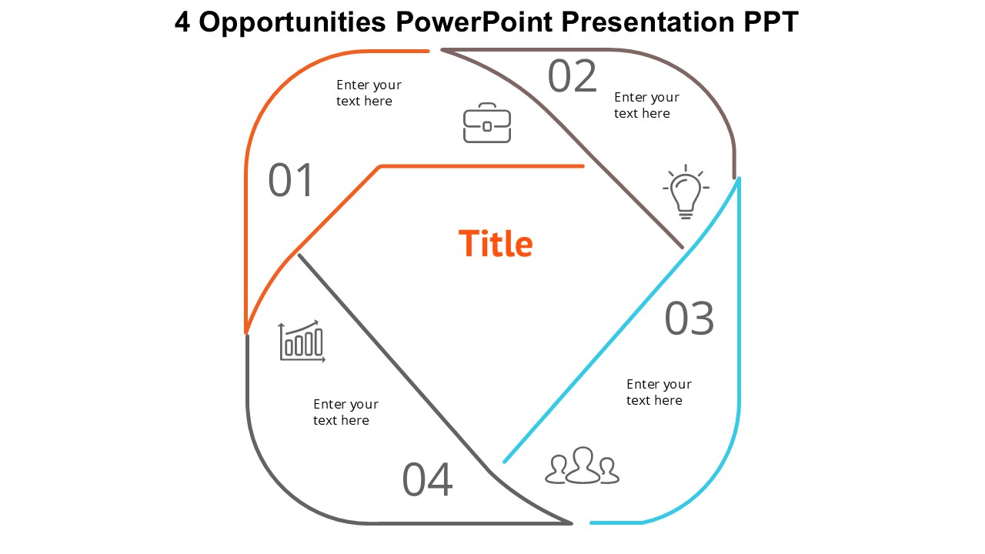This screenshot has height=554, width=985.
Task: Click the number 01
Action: pyautogui.click(x=290, y=180)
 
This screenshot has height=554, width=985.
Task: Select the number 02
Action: pyautogui.click(x=572, y=76)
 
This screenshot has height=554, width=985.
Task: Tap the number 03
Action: pyautogui.click(x=689, y=319)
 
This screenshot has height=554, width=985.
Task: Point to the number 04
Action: pyautogui.click(x=427, y=479)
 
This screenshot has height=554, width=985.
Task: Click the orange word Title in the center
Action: pyautogui.click(x=496, y=243)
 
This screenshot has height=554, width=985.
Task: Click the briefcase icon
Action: pyautogui.click(x=487, y=123)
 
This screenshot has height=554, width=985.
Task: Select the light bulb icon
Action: pyautogui.click(x=686, y=192)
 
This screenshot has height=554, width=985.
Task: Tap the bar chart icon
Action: pyautogui.click(x=302, y=341)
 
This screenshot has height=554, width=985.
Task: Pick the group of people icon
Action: pyautogui.click(x=583, y=466)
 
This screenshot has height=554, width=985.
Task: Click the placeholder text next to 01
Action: pyautogui.click(x=369, y=93)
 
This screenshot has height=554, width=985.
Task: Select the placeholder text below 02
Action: pyautogui.click(x=646, y=105)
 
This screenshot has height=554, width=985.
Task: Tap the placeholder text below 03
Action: pyautogui.click(x=659, y=392)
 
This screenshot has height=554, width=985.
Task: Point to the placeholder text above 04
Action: pyautogui.click(x=346, y=412)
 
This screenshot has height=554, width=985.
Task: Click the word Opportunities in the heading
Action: pyautogui.click(x=292, y=22)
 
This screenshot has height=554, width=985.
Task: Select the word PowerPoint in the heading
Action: pyautogui.click(x=474, y=22)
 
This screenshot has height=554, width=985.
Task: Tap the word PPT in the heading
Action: pyautogui.click(x=771, y=22)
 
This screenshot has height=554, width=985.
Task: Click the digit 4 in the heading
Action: pyautogui.click(x=182, y=22)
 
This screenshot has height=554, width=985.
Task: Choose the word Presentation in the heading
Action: pyautogui.click(x=648, y=22)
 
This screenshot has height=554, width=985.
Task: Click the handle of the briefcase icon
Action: pyautogui.click(x=487, y=107)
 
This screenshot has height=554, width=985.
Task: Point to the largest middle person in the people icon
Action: pyautogui.click(x=583, y=465)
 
